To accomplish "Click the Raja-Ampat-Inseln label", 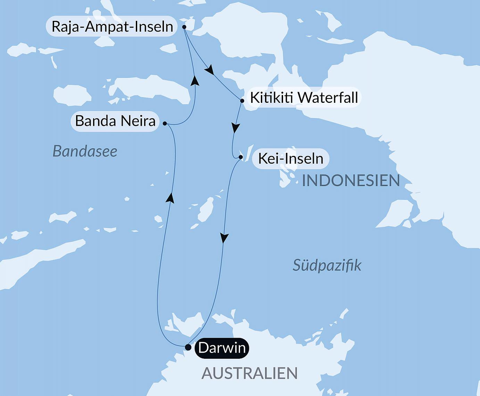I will coord(112,26).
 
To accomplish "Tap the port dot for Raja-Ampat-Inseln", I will coord(184,27).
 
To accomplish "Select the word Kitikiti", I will coord(272,98).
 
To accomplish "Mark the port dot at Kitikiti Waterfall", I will coord(242,101).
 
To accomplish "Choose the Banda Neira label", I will coord(115,121).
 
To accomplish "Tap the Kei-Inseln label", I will coord(291,159).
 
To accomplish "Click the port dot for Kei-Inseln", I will coord(241,157).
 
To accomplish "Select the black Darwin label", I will coord(222,348).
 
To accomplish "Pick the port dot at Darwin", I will coord(188,347).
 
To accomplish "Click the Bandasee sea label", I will coord(85,151).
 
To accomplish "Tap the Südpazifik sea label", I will coord(327,265).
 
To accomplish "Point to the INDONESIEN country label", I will coord(351,181).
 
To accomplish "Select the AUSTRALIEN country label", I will coord(249,373).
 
